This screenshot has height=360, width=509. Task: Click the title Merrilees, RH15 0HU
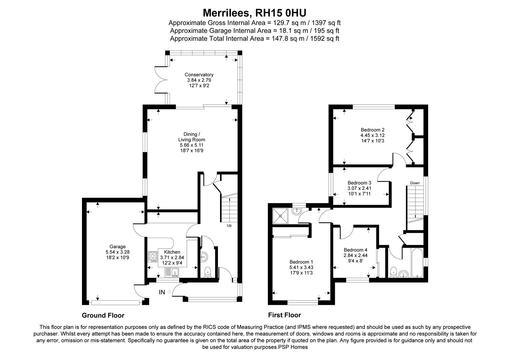coord(254,13)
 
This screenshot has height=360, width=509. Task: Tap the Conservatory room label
coord(199,75)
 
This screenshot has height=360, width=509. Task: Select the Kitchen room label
coord(172,252)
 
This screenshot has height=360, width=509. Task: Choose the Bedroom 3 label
coord(359,183)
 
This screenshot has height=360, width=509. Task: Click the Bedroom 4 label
coord(355,250)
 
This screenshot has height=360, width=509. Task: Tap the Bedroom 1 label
coord(301,262)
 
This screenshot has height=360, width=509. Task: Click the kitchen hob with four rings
coord(153,257)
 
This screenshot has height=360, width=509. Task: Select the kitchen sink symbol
coord(172,273)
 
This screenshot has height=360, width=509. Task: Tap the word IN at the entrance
coord(162,292)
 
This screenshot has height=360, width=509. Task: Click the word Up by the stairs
coord(229,226)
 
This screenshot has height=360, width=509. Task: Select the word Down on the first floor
coord(415,183)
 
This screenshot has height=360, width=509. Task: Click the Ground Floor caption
coord(103,315)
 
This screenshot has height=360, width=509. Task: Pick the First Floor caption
coord(284,315)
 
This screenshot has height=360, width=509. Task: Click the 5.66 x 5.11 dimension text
coord(192,145)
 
